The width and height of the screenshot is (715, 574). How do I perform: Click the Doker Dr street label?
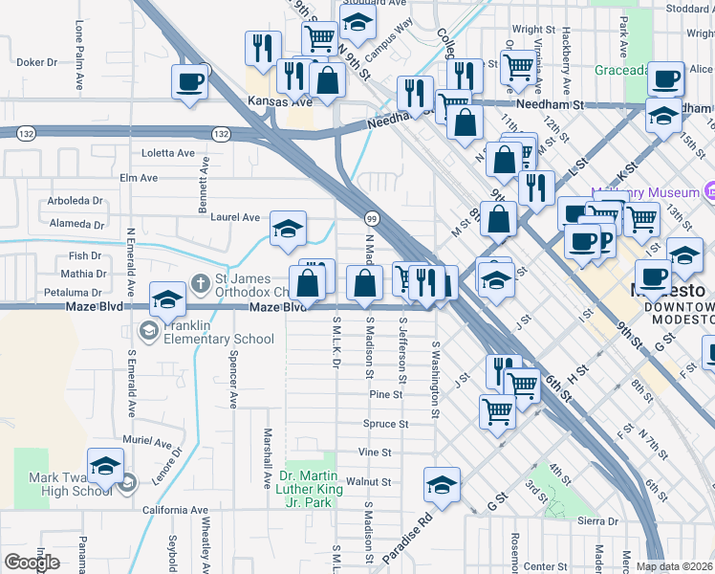click(37, 62)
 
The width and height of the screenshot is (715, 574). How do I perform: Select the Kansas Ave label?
click(280, 101)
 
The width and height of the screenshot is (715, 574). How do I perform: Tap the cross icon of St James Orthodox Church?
click(200, 282)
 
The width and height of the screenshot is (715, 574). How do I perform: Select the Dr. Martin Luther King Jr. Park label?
click(311, 489)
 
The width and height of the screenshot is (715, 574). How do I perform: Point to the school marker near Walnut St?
click(442, 485)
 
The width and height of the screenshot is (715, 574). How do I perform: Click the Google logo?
click(32, 562)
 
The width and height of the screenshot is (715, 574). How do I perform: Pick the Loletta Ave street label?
click(168, 153)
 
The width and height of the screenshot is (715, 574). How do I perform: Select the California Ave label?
click(175, 511)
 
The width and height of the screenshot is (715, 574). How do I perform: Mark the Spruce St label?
click(386, 424)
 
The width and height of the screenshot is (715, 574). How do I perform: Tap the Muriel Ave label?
click(147, 443)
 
